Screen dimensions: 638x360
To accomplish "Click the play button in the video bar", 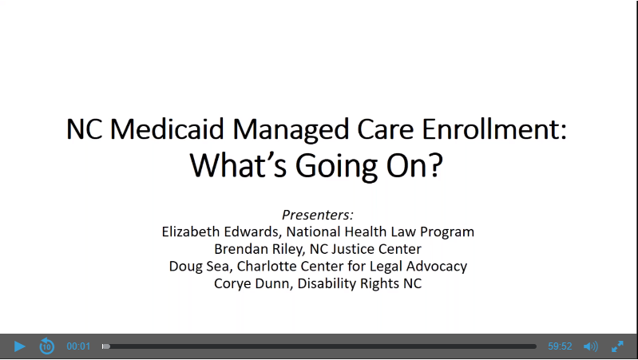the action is tap(19, 346).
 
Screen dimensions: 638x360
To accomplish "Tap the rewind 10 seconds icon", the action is tap(47, 346).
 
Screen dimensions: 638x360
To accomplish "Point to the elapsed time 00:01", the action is tap(78, 346).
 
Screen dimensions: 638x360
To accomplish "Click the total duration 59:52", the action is tap(560, 346).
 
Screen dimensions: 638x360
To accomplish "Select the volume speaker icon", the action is tap(591, 346).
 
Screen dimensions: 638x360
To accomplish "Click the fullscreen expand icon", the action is tap(617, 346).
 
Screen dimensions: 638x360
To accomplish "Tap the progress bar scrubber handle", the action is tap(105, 346).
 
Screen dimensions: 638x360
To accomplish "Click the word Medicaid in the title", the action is tap(167, 129).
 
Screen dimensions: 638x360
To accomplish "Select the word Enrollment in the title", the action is tap(494, 129).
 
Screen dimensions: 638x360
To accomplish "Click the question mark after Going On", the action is tap(436, 165).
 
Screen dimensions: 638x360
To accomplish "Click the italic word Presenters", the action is tap(317, 215).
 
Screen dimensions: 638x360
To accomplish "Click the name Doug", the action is tap(182, 267).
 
